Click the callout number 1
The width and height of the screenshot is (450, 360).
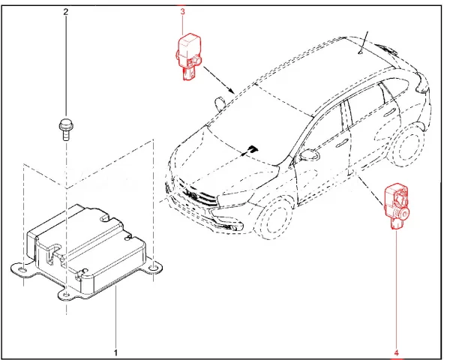[116, 352]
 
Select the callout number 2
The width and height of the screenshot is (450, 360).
[66, 12]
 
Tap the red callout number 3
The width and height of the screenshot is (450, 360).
[182, 12]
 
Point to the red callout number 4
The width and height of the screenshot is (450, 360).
[396, 352]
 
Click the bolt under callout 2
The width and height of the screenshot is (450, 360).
[66, 130]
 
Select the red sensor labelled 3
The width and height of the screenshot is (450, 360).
[187, 57]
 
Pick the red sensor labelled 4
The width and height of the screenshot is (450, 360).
[396, 206]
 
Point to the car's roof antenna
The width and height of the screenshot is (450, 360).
[363, 42]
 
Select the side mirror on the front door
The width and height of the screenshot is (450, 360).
[309, 154]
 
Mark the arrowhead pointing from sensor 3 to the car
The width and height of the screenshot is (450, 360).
[232, 91]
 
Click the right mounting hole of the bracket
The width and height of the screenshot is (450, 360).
[154, 268]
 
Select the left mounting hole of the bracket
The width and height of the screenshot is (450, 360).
[23, 270]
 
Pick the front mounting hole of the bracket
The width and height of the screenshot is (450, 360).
[66, 294]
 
